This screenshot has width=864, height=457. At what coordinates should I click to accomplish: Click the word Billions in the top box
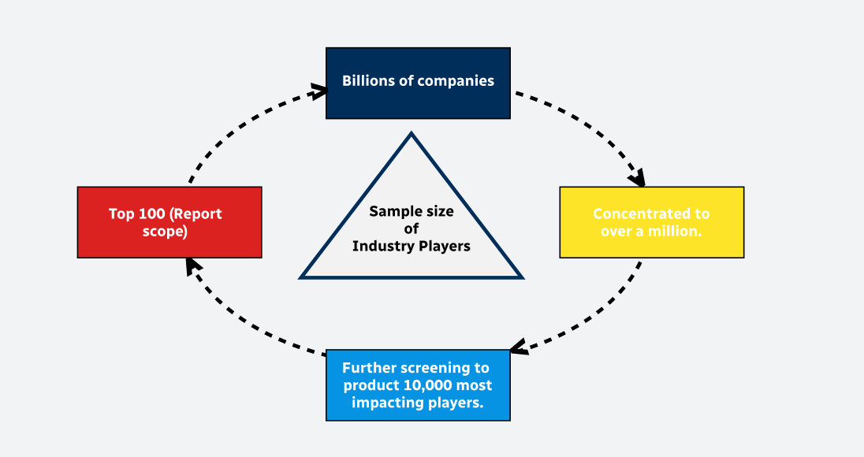click(x=369, y=81)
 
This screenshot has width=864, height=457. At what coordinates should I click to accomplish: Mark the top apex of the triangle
click(x=412, y=134)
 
